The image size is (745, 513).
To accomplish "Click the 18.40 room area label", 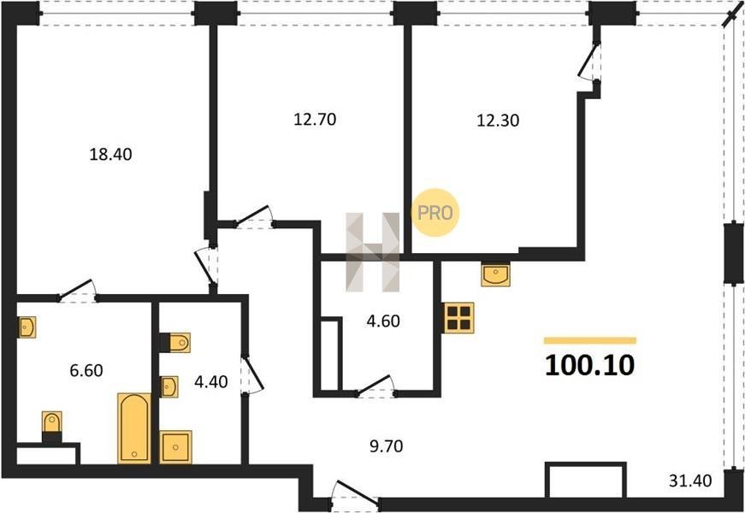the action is point(110,155).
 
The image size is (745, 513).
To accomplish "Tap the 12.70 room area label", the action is point(315,119).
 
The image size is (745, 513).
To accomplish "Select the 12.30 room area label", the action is point(498,121).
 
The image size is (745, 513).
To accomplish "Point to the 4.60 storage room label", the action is point(383,321).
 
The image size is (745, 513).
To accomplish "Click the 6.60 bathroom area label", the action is point(86,370).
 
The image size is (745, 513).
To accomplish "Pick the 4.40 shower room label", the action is point(211,381).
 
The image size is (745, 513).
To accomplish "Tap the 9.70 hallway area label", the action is point(386,446).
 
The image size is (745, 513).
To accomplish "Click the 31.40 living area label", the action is point(690,481).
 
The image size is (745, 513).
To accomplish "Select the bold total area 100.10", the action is point(589,366).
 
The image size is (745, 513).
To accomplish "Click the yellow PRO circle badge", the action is point(435,213).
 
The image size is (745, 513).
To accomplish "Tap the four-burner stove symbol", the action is point(459,318).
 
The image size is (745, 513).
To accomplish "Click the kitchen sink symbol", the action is point(495,274).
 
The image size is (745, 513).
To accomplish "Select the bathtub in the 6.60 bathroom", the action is point(134,428).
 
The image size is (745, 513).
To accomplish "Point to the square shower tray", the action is point(176,447).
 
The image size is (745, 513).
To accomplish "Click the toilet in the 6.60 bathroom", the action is point(52,427).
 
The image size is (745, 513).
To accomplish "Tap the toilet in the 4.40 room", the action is point(175,343).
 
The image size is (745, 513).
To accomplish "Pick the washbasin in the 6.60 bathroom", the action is point(27,327).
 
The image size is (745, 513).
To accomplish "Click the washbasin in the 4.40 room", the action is point(169,386).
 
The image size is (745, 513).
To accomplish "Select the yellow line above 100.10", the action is point(589,340).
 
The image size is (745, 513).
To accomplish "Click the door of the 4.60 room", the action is point(375,386).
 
